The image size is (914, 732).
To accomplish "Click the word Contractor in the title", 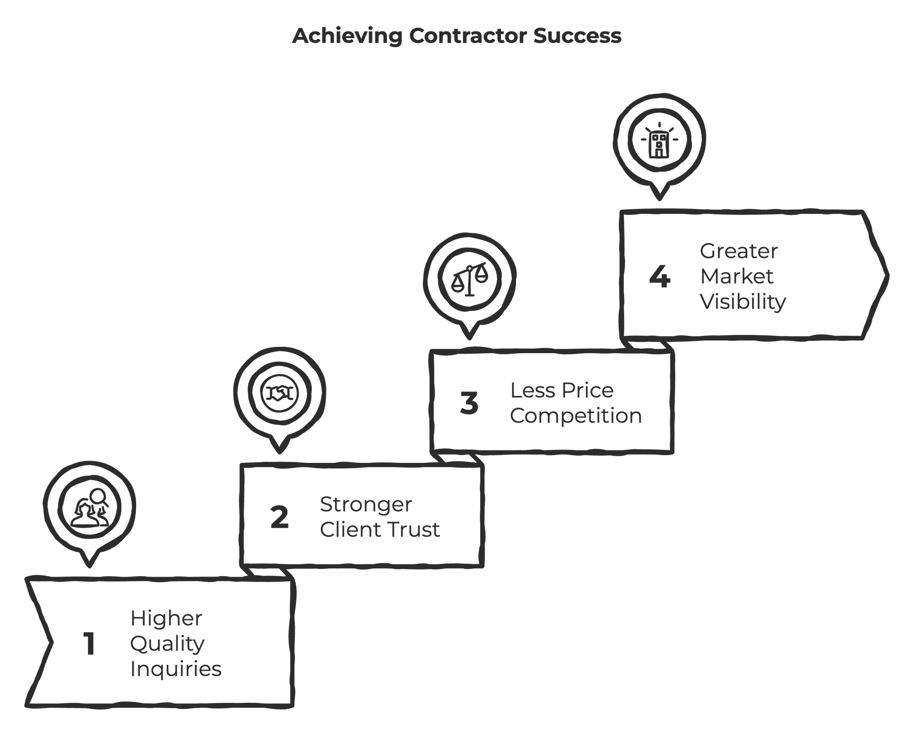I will (x=468, y=36).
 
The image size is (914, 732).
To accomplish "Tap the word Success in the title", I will (x=577, y=36).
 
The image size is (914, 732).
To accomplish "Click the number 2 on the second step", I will (x=279, y=517).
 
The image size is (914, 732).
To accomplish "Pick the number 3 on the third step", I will (x=469, y=403).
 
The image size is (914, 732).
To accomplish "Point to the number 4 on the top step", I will (x=659, y=276).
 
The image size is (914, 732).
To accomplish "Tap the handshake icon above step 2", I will (x=280, y=393).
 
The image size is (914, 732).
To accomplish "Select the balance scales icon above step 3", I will (x=470, y=279).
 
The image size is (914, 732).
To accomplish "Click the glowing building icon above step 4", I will (x=659, y=141).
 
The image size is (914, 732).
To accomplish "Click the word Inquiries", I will (x=175, y=669).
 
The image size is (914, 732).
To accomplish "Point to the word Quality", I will (x=167, y=644).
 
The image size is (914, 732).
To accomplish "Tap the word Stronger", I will (x=366, y=505).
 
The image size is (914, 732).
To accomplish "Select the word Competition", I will (x=575, y=416).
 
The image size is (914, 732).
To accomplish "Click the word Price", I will (x=587, y=390).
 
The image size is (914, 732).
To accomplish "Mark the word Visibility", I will (x=743, y=302).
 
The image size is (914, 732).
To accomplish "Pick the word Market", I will (x=736, y=276).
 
